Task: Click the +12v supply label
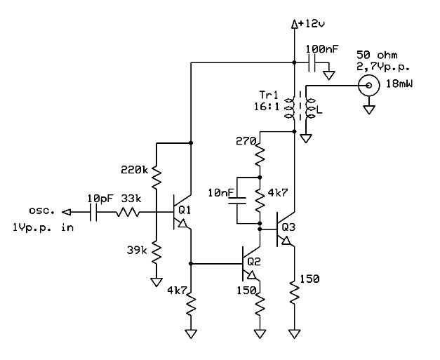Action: [x=311, y=24]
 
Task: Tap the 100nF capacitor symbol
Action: [x=312, y=62]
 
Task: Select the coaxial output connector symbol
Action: [x=368, y=85]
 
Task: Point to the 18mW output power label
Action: [x=399, y=84]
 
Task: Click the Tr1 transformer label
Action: [x=269, y=95]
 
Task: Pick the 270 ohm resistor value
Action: [x=246, y=141]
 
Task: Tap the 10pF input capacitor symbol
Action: [x=94, y=212]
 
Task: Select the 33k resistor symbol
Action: [x=128, y=212]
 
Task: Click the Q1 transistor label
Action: [x=185, y=210]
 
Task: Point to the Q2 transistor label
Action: [x=254, y=262]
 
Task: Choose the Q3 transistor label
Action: [x=288, y=227]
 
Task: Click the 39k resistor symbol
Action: [x=156, y=252]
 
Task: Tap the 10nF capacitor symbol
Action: [x=237, y=201]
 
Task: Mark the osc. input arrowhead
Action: [x=66, y=212]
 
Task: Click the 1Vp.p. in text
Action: [x=43, y=227]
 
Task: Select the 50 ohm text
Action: [x=377, y=55]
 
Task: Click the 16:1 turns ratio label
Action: [x=267, y=107]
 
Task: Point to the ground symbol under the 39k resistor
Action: [x=156, y=282]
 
